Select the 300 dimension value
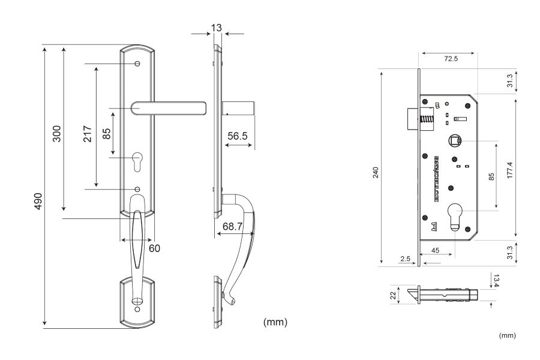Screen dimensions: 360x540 pyautogui.click(x=57, y=133)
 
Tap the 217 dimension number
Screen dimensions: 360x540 pyautogui.click(x=86, y=133)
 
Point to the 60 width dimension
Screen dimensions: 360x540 pyautogui.click(x=155, y=247)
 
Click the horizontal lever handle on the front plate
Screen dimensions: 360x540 pyautogui.click(x=168, y=108)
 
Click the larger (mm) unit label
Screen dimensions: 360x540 pyautogui.click(x=276, y=322)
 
